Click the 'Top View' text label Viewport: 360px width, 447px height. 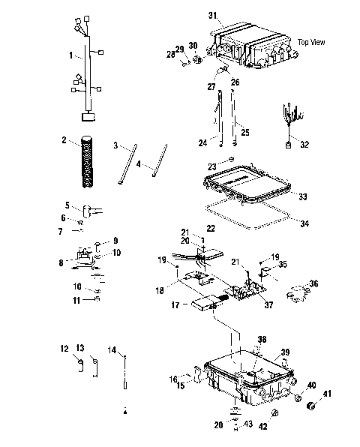coord(311,42)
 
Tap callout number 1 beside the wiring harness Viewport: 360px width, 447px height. coord(71,55)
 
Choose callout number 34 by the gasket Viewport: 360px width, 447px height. coord(304,222)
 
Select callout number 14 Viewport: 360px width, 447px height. coord(111,349)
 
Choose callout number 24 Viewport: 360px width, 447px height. coord(202,142)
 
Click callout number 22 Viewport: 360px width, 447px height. coord(211,227)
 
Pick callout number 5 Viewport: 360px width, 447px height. coord(67,204)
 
